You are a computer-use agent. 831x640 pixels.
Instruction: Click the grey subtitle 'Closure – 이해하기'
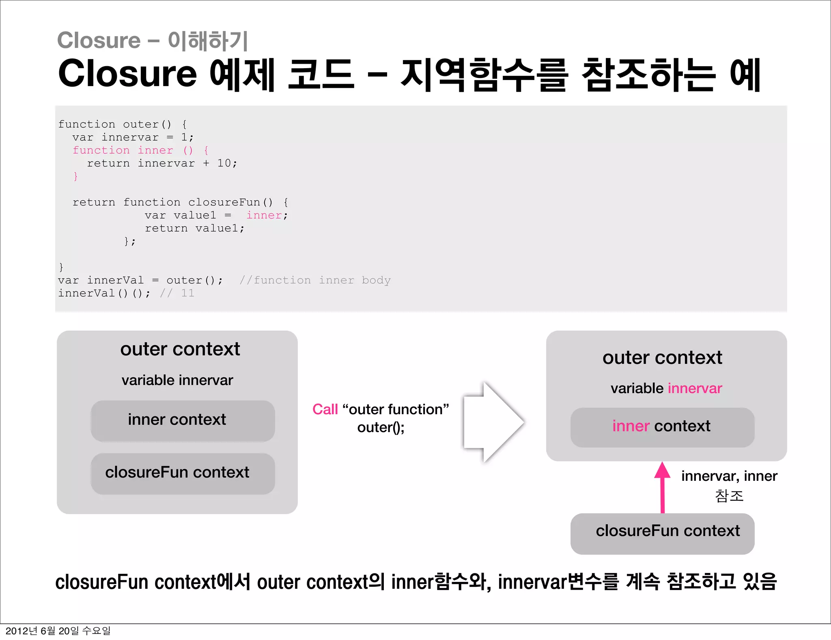coord(152,41)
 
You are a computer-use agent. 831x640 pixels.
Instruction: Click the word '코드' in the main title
coord(321,74)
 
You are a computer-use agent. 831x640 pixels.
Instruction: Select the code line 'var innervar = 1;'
coord(133,137)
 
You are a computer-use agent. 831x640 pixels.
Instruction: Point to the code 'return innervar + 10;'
coord(162,163)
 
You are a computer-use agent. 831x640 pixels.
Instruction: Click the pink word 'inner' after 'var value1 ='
coord(264,215)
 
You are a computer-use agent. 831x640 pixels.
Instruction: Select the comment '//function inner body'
coord(315,280)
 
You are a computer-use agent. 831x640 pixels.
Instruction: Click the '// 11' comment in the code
coord(177,293)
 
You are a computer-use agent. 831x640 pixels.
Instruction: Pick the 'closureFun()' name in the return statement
coord(230,202)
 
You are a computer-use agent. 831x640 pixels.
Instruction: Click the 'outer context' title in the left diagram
coord(180,349)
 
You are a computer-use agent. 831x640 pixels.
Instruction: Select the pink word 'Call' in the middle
coord(325,409)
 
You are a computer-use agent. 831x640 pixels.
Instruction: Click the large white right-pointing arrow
coord(493,422)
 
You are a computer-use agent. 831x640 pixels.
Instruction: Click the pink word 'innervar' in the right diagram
coord(695,389)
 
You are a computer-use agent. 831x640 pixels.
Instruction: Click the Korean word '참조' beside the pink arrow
coord(729,496)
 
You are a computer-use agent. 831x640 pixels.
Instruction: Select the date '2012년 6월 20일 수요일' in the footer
coord(58,631)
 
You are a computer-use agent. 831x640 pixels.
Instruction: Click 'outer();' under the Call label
coord(381,427)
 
